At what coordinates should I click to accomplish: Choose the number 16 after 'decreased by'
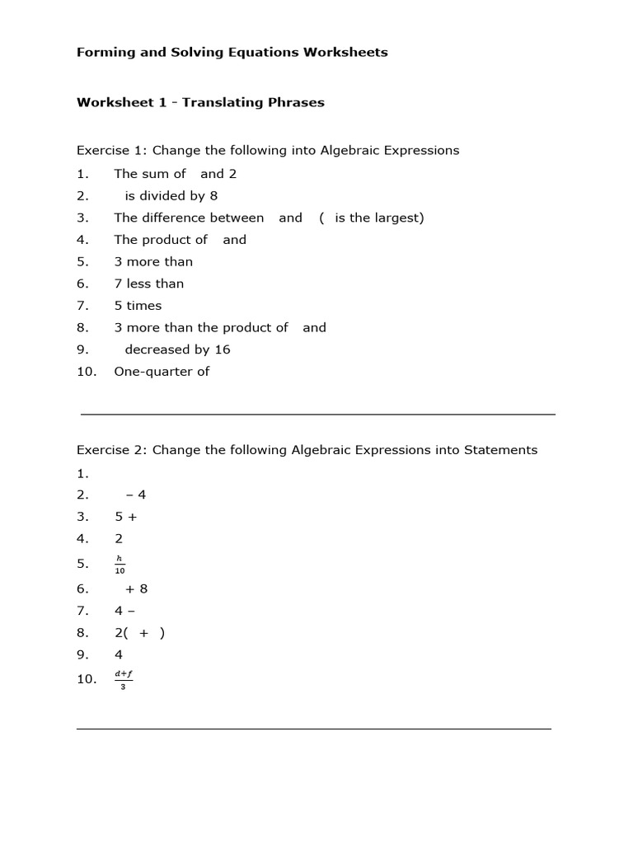tap(223, 349)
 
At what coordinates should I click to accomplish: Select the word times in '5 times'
tap(144, 305)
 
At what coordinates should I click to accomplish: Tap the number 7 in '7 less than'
tap(119, 284)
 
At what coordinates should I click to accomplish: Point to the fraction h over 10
tap(120, 565)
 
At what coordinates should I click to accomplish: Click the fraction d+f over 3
tap(124, 680)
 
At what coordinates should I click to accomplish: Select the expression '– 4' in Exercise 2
tap(136, 495)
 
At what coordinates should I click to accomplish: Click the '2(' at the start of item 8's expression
tap(122, 633)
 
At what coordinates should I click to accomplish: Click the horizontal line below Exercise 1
tap(317, 414)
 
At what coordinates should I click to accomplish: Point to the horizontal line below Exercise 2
tap(313, 729)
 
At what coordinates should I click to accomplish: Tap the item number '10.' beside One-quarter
tap(87, 371)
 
